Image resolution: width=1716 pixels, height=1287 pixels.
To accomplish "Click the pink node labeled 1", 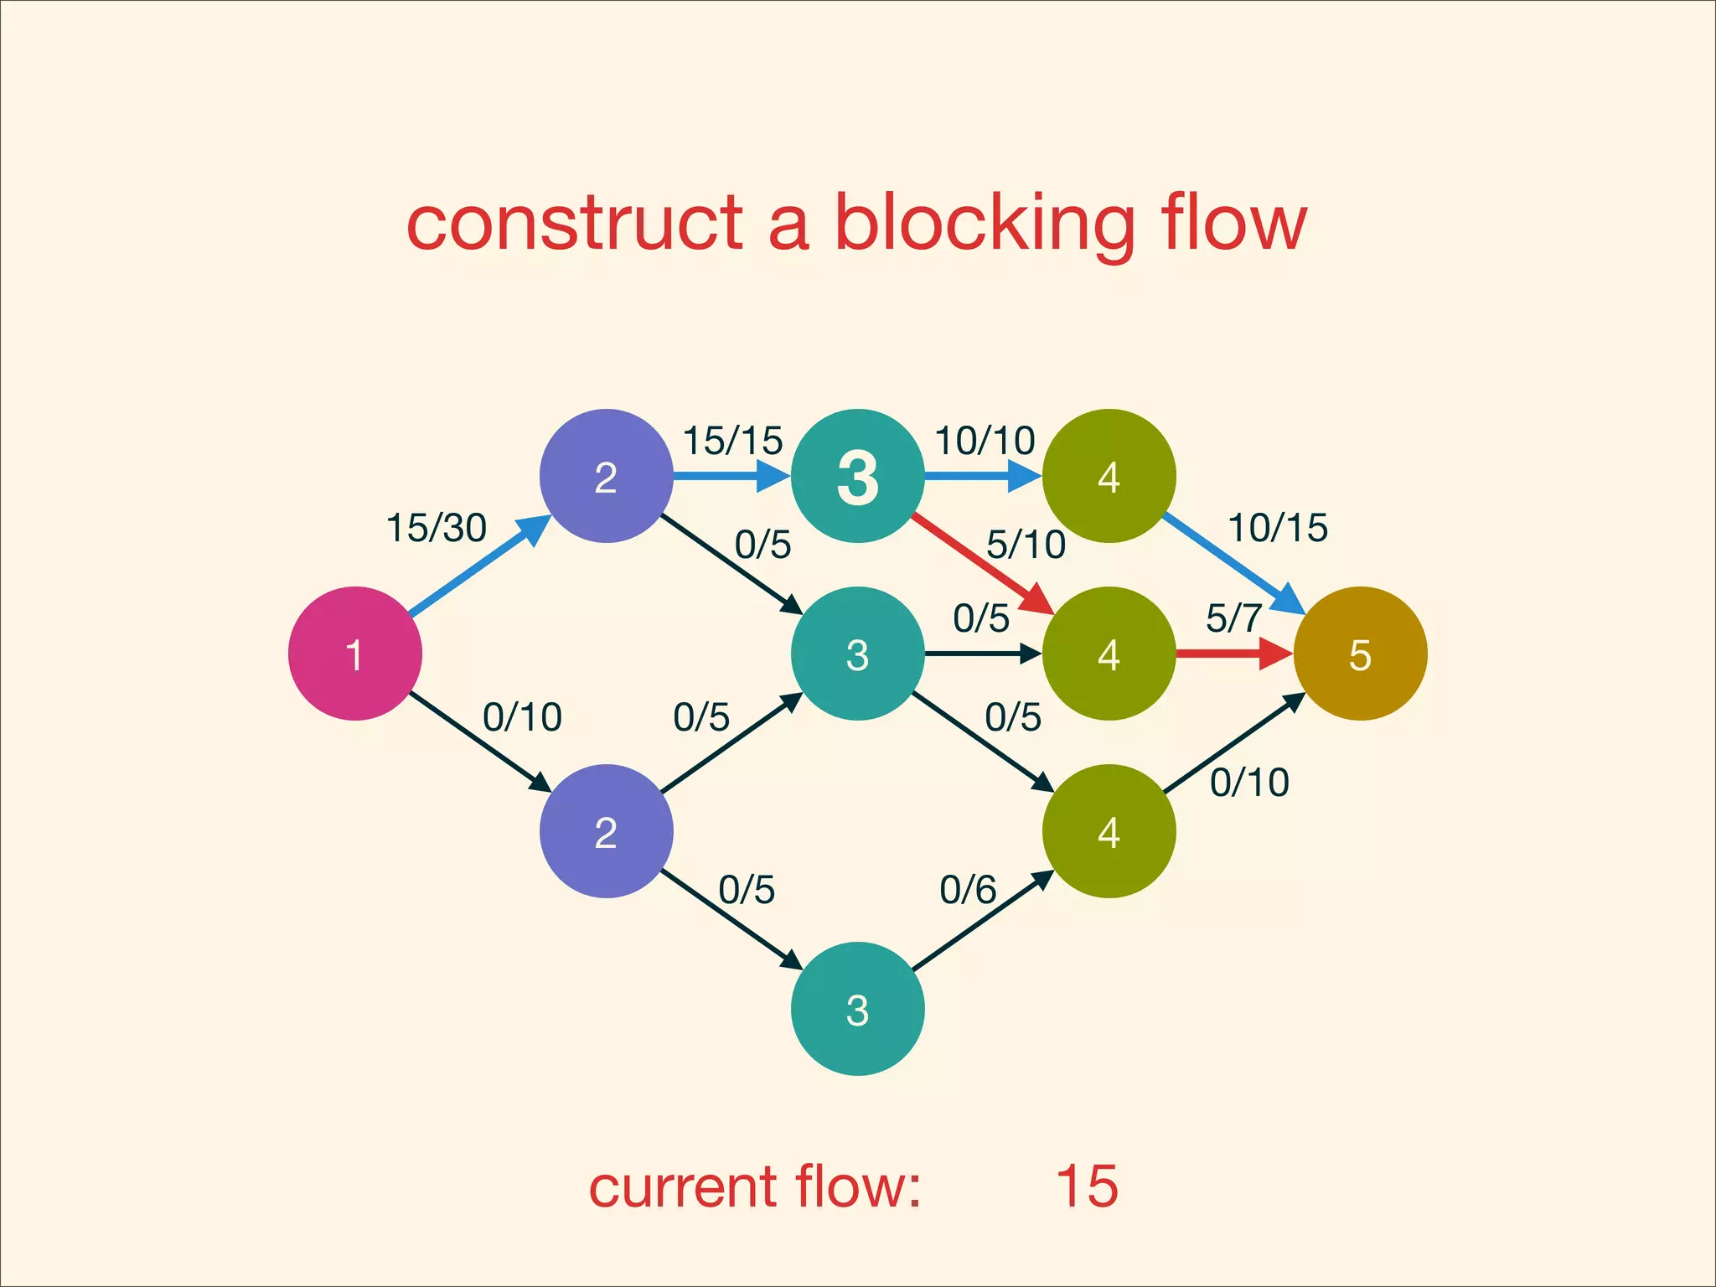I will tap(354, 654).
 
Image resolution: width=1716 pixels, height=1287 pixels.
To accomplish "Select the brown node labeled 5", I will tap(1360, 654).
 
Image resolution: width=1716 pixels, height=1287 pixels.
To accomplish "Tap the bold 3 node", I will tap(857, 476).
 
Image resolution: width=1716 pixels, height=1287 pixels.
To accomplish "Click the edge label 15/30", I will tap(436, 528).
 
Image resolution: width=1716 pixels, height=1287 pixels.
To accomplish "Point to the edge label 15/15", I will tap(732, 441).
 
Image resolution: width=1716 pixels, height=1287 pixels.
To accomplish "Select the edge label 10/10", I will tap(985, 441).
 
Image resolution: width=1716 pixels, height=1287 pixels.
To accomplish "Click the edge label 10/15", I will tap(1278, 528).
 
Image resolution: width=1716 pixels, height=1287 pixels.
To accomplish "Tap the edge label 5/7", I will tap(1233, 618).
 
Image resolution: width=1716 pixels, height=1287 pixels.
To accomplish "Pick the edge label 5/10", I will tap(1026, 545).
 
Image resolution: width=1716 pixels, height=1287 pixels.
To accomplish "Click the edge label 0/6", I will tap(968, 890).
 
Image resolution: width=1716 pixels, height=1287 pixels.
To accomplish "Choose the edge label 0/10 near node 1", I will tap(522, 717).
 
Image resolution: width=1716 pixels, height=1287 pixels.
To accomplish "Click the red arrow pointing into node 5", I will tap(1232, 654).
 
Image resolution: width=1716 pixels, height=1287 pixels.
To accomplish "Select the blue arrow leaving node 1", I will tap(478, 567).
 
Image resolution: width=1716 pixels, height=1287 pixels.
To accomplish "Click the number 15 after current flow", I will tap(1087, 1186).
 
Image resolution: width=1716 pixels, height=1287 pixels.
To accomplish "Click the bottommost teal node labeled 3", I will tap(857, 1009).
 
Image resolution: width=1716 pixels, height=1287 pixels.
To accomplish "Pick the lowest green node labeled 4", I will tap(1109, 831).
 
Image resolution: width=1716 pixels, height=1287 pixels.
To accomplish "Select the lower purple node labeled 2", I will tap(606, 831).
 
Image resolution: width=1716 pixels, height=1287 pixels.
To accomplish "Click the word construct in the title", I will tap(575, 225).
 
